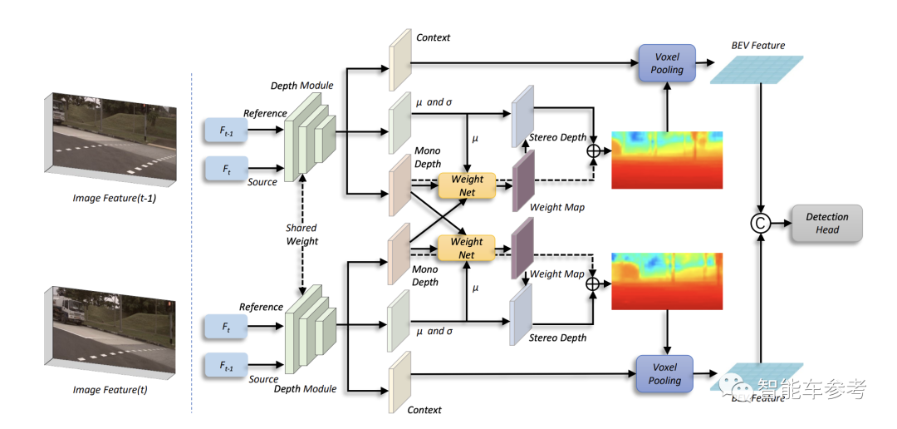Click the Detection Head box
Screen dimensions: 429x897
pos(827,224)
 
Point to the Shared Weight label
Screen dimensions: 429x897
pos(301,234)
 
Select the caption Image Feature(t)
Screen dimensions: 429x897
pos(110,390)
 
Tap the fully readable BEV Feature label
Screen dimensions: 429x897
pos(757,46)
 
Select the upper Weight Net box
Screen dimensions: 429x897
pos(467,185)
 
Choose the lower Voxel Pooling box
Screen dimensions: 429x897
pos(664,373)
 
